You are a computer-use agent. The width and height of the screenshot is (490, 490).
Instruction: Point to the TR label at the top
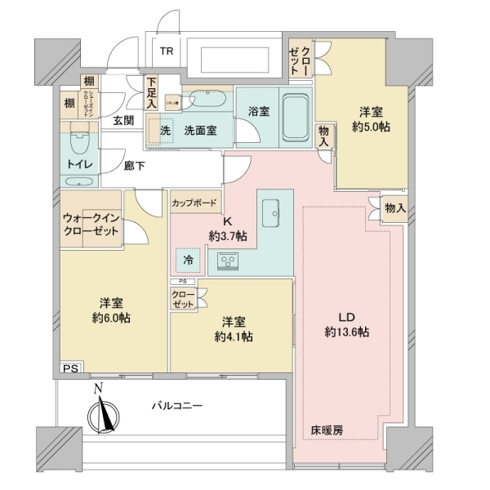(x=167, y=51)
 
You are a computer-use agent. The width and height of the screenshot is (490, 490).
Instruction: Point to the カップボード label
(x=194, y=203)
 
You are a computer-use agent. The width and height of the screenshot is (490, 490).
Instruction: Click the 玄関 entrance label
(x=123, y=121)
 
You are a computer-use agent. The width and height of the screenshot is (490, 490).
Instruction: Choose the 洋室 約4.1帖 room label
(x=234, y=328)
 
